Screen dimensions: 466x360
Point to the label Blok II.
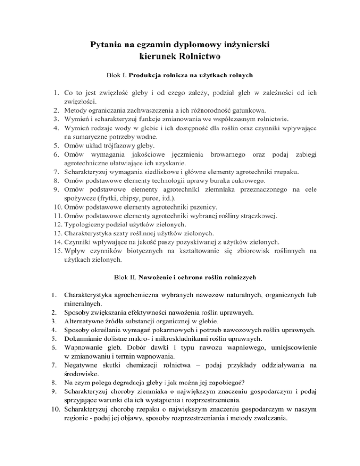(117, 278)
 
